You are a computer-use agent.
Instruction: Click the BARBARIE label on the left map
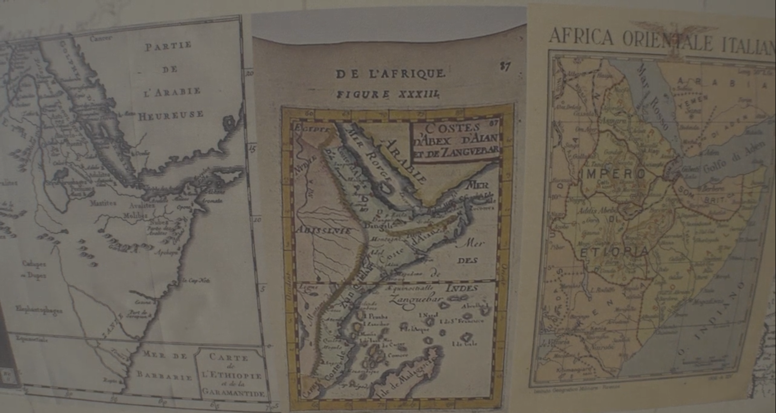(164, 376)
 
